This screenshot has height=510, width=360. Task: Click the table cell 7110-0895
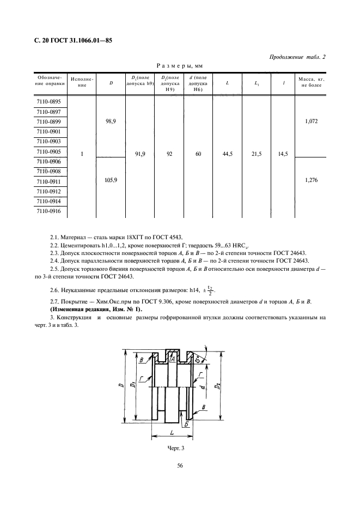coord(49,102)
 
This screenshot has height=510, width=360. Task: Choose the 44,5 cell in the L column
coord(228,155)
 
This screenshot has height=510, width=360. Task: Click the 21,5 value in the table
coord(257,155)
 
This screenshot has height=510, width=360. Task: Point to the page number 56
coord(180,465)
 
